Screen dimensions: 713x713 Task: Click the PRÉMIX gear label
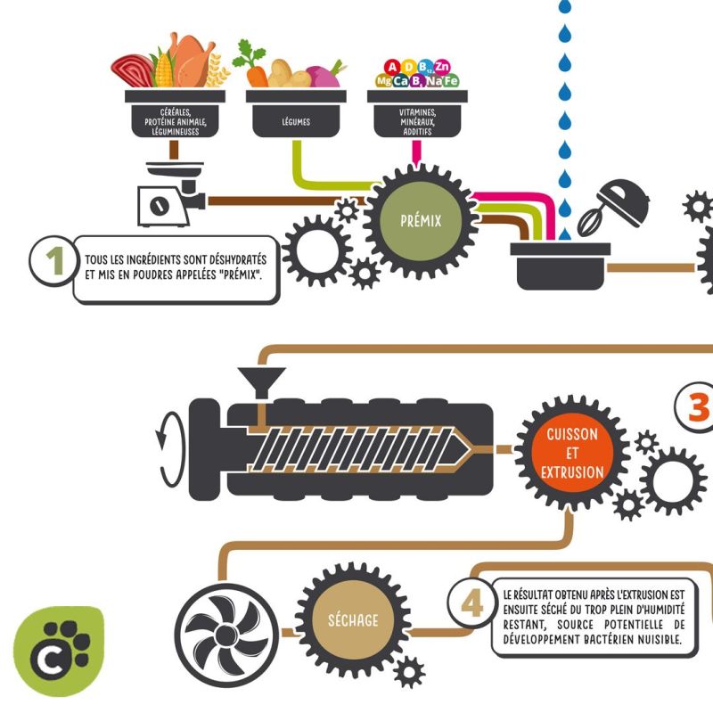coord(421,221)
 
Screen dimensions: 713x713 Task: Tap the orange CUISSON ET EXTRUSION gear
coord(572,453)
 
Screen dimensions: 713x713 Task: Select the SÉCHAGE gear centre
coord(353,619)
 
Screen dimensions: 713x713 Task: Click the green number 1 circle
coord(54,260)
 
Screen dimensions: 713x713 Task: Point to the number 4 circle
coord(472,603)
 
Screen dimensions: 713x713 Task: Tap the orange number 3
coord(699,407)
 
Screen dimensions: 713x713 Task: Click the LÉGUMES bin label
coord(296,122)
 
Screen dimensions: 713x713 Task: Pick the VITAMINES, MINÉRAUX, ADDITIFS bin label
coord(417,122)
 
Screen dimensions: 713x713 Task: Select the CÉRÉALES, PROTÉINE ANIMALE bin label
coord(175,122)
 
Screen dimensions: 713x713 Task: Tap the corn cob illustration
coord(163,70)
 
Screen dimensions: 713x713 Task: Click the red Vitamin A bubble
coord(392,68)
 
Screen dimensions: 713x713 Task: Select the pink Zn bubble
coord(441,67)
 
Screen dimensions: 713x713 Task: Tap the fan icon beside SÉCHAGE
coord(226,635)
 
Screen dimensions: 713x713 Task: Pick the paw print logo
coord(59,651)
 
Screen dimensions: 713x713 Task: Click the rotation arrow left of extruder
coord(171,450)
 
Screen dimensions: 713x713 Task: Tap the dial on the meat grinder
coord(160,206)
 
